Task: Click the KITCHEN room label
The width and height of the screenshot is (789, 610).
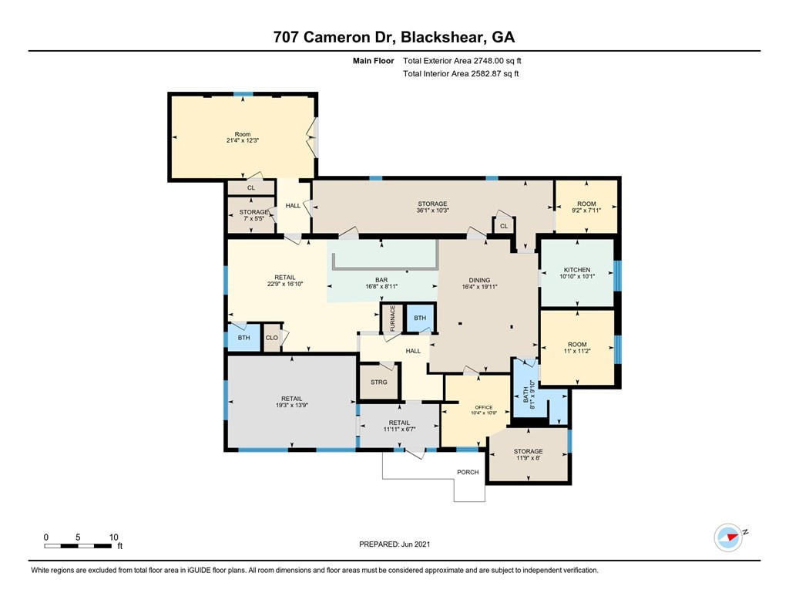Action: pos(576,270)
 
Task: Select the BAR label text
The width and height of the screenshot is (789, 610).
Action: pos(381,280)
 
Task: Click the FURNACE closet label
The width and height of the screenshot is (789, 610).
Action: pos(392,318)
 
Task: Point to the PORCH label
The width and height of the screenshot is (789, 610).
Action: pos(468,472)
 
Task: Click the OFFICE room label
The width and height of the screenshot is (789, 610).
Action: pos(483,407)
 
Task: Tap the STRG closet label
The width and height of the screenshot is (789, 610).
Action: pos(378,383)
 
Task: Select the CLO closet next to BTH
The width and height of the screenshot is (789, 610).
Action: pos(271,338)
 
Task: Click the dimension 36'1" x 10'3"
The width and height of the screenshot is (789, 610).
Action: pos(433,211)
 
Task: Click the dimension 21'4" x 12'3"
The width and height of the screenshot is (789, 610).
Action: pos(243,141)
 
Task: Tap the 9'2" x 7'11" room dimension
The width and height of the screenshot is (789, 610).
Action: pos(587,211)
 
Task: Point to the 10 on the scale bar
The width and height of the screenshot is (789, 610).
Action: pos(113,537)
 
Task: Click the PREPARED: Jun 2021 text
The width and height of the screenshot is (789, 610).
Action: pos(394,544)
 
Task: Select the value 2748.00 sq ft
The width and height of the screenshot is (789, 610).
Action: pos(502,61)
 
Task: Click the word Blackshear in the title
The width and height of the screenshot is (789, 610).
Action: pos(442,36)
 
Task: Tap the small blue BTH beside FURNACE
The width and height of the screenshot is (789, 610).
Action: pos(420,318)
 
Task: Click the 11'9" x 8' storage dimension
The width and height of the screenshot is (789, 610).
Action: pos(529,458)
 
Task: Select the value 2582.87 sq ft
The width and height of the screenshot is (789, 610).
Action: pos(493,74)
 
